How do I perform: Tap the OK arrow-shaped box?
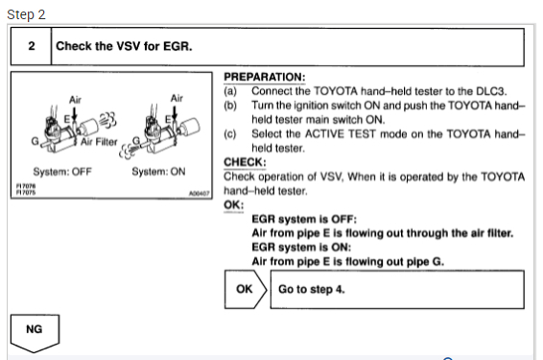pos(246,289)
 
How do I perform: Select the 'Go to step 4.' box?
pos(397,289)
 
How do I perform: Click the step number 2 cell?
pos(31,46)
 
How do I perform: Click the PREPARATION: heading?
pos(265,77)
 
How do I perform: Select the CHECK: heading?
pos(245,162)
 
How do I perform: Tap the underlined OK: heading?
pos(234,204)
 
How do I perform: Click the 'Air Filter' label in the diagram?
pos(99,142)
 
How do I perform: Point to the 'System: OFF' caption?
pos(62,172)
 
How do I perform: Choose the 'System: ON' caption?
pos(158,172)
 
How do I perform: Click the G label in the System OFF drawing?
pos(35,141)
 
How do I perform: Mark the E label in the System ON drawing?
pos(168,120)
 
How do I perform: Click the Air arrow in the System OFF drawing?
pos(75,114)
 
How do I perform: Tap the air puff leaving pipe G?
pos(127,152)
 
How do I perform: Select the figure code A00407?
pos(200,193)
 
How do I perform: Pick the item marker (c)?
pos(230,134)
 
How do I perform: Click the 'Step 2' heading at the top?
pos(26,14)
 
